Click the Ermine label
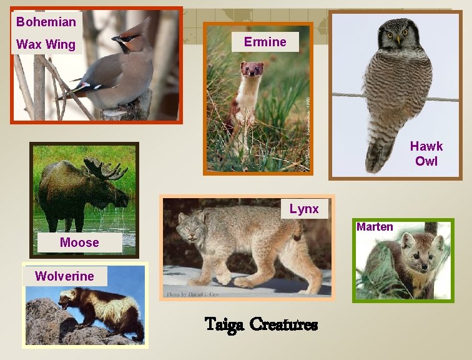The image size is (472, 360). pos(265,42)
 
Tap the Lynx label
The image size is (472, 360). pos(304,209)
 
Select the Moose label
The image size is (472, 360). pos(79,242)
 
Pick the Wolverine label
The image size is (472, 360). pos(64,276)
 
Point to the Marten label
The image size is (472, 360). pos(375,227)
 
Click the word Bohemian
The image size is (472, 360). pos(46,22)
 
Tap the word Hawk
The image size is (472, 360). pos(426,146)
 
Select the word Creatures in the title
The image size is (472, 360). pos(283,325)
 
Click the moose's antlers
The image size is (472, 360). pos(103,169)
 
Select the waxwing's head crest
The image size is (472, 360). pos(139,29)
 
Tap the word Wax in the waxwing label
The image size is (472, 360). pos(27,44)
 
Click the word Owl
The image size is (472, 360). pos(426,161)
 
